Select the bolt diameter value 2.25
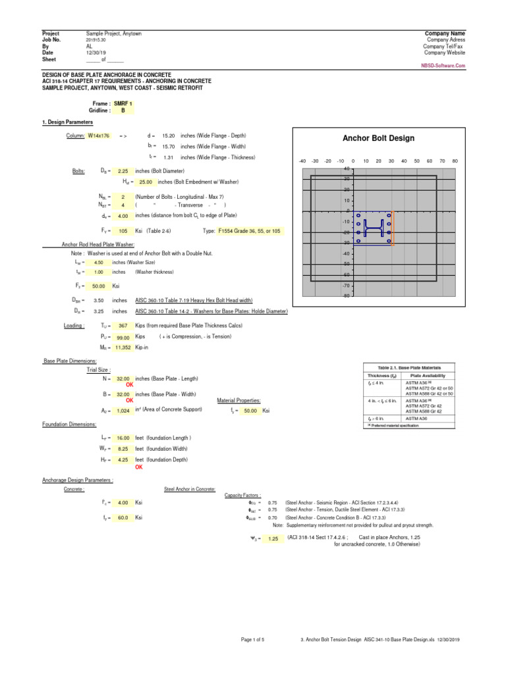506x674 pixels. pyautogui.click(x=122, y=170)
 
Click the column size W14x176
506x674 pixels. pyautogui.click(x=99, y=135)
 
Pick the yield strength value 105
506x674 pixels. pyautogui.click(x=122, y=231)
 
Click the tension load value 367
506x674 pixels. pyautogui.click(x=123, y=325)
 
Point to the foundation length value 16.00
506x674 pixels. pyautogui.click(x=123, y=438)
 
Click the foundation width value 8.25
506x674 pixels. pyautogui.click(x=123, y=449)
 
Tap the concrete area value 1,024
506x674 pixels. pyautogui.click(x=123, y=411)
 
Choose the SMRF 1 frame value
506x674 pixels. pyautogui.click(x=123, y=103)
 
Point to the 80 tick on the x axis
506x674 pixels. pyautogui.click(x=455, y=161)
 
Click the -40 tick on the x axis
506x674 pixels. pyautogui.click(x=302, y=161)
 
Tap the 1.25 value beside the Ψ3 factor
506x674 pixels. pyautogui.click(x=273, y=538)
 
